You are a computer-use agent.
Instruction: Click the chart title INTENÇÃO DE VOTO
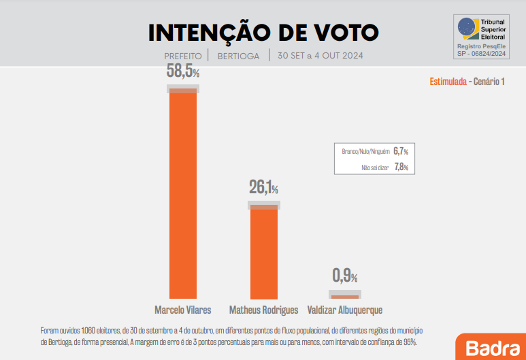pos(263,32)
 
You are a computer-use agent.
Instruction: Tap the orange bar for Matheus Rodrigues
pos(264,252)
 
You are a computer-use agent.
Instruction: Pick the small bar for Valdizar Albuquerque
pos(344,297)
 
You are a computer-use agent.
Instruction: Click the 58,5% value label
pos(183,71)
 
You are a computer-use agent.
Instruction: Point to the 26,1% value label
pos(263,187)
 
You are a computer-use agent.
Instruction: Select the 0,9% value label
pos(344,276)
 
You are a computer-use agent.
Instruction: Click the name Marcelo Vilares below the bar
pos(183,310)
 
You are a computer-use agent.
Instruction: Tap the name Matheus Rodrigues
pos(264,310)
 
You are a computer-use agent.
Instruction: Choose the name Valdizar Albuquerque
pos(345,310)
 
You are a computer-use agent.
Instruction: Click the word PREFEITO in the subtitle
pos(183,56)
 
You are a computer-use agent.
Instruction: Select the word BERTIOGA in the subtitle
pos(238,56)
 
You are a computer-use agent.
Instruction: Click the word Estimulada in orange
pos(448,82)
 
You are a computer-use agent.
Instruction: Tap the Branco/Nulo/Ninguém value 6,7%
pos(401,151)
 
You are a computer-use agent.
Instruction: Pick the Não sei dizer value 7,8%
pos(401,167)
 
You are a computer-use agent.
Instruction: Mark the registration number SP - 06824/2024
pos(482,52)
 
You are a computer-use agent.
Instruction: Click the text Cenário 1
pos(489,82)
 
